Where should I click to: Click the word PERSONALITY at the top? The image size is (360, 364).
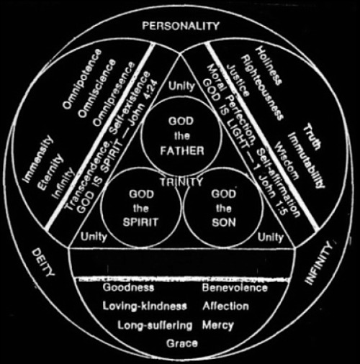181,26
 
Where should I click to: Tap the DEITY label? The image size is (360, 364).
43,263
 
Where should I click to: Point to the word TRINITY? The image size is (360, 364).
181,182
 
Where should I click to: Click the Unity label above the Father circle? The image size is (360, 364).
181,86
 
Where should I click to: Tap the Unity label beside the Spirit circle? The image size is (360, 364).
94,237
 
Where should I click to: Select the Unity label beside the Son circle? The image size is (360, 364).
271,237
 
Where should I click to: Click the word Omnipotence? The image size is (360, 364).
81,78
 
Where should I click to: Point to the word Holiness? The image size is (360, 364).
268,65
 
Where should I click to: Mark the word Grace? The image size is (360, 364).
182,343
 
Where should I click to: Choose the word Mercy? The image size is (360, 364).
218,325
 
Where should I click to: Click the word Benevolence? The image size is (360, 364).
235,288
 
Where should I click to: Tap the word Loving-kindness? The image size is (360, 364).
145,306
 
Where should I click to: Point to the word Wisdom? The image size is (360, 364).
287,160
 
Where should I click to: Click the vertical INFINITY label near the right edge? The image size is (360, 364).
319,263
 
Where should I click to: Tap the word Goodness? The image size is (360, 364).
128,287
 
